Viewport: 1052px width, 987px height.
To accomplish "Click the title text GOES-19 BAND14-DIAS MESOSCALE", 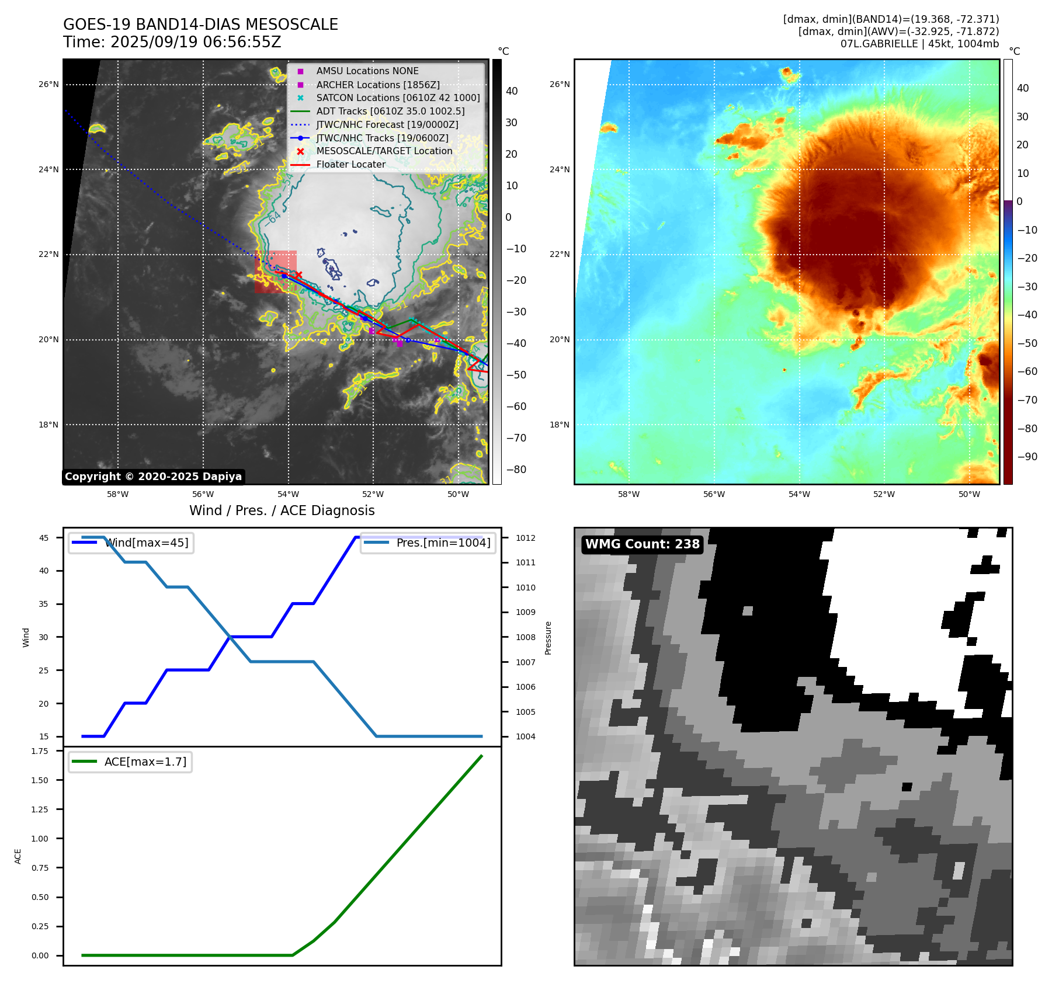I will point(200,25).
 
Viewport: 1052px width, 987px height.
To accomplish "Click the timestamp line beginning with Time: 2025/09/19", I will point(172,42).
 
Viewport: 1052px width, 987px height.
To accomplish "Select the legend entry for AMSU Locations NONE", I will point(367,71).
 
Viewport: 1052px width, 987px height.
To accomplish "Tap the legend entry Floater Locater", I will point(350,165).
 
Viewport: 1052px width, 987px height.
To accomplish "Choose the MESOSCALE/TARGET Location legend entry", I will point(384,151).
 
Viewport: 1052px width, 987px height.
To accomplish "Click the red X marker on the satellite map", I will point(298,274).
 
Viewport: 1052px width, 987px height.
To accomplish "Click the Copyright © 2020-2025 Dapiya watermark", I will point(153,477).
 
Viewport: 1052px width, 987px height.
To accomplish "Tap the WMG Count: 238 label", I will point(642,544).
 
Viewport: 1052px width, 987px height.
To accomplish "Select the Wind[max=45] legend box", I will point(131,543).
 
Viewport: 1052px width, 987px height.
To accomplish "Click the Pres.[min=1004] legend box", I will point(428,543).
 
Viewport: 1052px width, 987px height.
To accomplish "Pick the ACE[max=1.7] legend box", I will point(130,762).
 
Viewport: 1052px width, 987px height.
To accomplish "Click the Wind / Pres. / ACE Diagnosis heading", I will point(282,510).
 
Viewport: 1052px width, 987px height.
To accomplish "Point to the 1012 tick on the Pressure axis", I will point(525,538).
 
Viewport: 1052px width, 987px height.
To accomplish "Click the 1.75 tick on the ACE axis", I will point(40,751).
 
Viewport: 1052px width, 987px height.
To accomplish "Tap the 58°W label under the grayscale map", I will point(117,494).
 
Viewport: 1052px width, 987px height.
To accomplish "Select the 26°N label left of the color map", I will point(560,85).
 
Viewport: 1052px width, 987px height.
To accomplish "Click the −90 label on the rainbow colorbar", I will point(1027,457).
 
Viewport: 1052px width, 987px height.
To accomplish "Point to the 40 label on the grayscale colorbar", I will point(512,91).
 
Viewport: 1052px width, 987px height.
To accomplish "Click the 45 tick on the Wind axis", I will point(44,538).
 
